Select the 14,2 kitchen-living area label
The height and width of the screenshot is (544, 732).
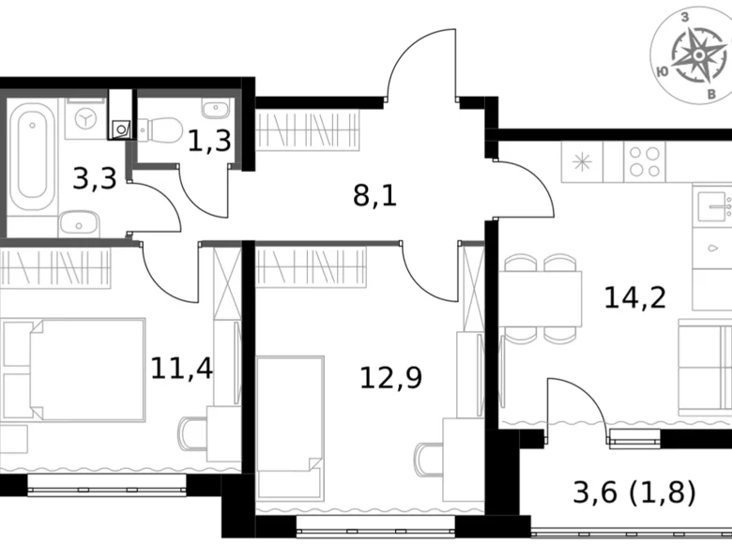tap(637, 297)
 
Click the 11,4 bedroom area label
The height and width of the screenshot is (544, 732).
tap(182, 365)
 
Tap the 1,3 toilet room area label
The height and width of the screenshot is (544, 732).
tap(209, 142)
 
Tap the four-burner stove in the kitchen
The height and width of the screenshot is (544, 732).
tap(644, 162)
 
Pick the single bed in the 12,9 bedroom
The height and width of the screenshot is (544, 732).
tap(290, 413)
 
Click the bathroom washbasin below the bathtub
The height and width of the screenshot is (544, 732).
tap(81, 221)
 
